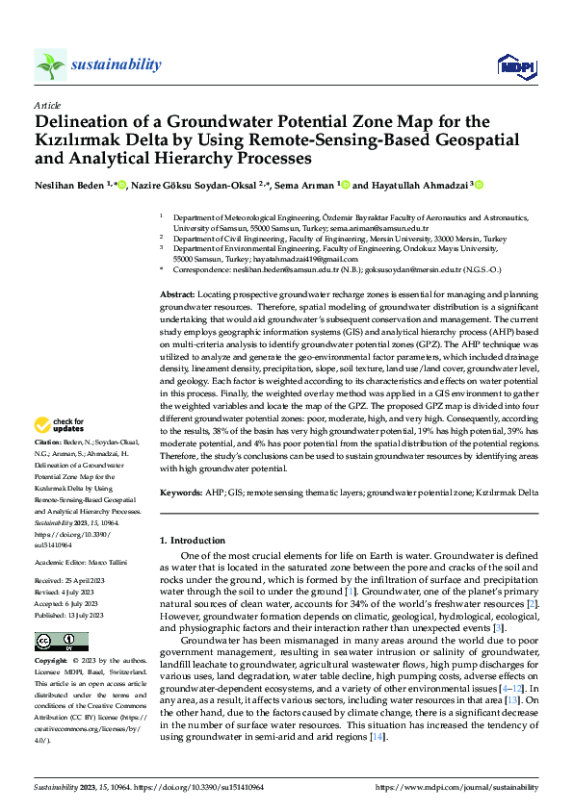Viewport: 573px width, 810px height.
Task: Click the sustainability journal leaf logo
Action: [50, 64]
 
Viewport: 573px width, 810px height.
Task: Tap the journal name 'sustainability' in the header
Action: [116, 64]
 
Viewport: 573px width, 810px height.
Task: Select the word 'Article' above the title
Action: [47, 104]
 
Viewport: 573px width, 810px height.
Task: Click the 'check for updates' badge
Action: [61, 425]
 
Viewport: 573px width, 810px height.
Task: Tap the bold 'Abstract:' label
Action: [177, 293]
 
